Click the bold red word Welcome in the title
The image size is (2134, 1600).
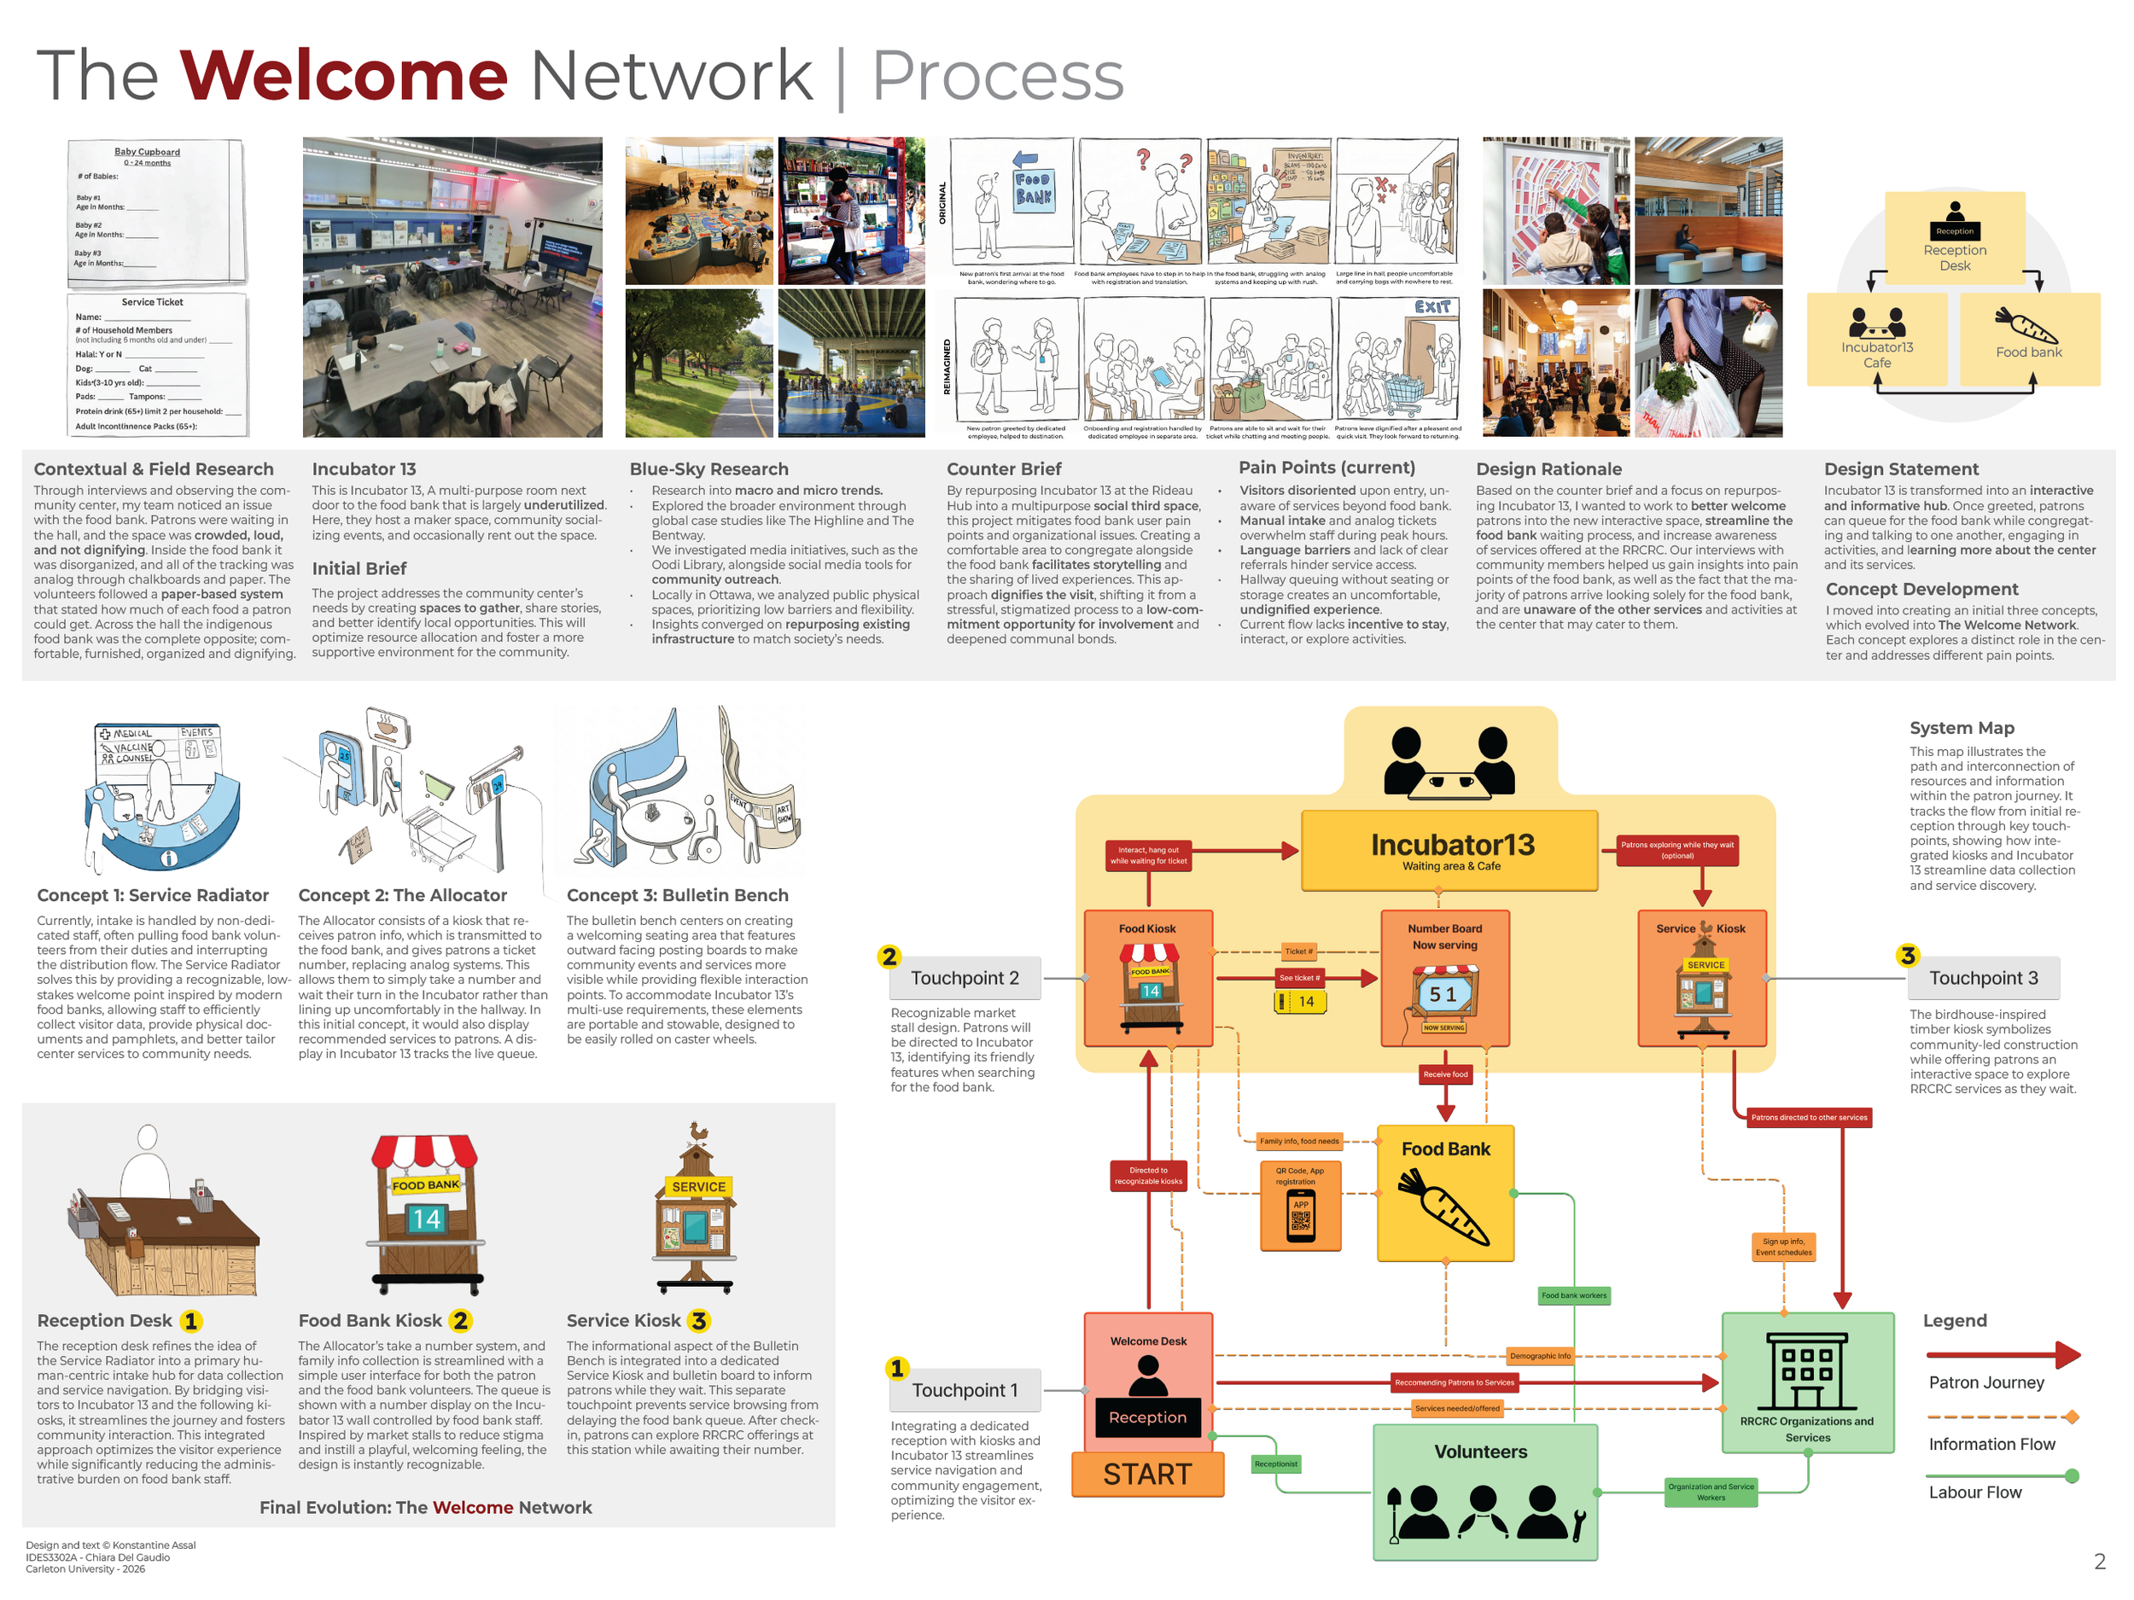[x=343, y=75]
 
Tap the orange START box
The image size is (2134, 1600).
[x=1147, y=1474]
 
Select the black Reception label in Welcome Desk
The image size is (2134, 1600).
[x=1147, y=1417]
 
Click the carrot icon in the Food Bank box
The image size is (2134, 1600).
[x=1444, y=1207]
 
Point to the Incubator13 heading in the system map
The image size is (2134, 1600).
[x=1452, y=845]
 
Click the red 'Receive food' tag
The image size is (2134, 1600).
[x=1445, y=1074]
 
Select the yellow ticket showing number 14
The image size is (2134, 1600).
[x=1301, y=1002]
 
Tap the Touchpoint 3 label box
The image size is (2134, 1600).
[x=1983, y=978]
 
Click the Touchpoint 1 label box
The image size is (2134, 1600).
[x=964, y=1390]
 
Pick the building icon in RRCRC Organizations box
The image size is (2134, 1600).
[x=1806, y=1371]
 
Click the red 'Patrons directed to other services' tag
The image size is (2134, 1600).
[x=1809, y=1118]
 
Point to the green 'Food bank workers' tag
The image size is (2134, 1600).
[x=1573, y=1295]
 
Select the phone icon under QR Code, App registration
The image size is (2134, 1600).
[x=1301, y=1217]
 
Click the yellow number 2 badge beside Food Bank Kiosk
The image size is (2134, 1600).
[x=460, y=1320]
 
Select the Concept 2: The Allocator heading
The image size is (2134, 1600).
[x=402, y=895]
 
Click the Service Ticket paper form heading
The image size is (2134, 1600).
[x=153, y=302]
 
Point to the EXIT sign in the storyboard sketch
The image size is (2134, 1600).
[x=1432, y=306]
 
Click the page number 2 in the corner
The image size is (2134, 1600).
[x=2099, y=1562]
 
